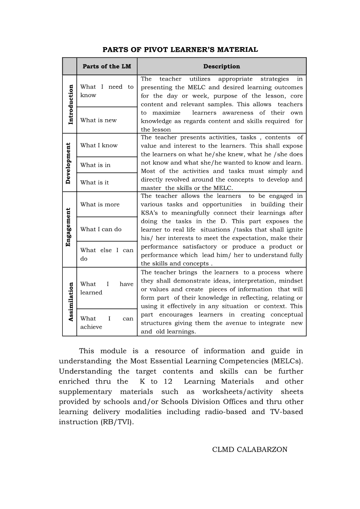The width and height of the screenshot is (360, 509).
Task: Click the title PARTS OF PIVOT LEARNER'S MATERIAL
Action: click(180, 50)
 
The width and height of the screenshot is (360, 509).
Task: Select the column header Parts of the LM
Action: click(107, 67)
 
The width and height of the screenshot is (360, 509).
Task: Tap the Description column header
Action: click(221, 67)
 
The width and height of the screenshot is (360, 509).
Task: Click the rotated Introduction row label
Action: click(70, 104)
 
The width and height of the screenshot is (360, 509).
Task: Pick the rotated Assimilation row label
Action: click(70, 302)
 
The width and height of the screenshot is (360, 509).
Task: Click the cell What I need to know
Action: click(107, 91)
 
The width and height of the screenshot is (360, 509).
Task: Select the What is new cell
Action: click(98, 120)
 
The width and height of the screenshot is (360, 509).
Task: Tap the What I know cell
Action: click(99, 145)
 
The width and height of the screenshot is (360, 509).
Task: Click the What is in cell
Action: click(95, 165)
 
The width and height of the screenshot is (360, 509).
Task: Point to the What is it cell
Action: click(95, 182)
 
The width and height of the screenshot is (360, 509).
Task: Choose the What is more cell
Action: click(100, 204)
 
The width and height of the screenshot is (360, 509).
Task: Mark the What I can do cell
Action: click(101, 229)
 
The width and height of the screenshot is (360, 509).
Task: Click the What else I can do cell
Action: click(107, 254)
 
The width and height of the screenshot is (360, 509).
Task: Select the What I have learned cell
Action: click(107, 288)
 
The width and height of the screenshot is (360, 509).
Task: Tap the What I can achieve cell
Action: click(107, 323)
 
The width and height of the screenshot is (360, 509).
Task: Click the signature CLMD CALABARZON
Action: click(250, 449)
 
